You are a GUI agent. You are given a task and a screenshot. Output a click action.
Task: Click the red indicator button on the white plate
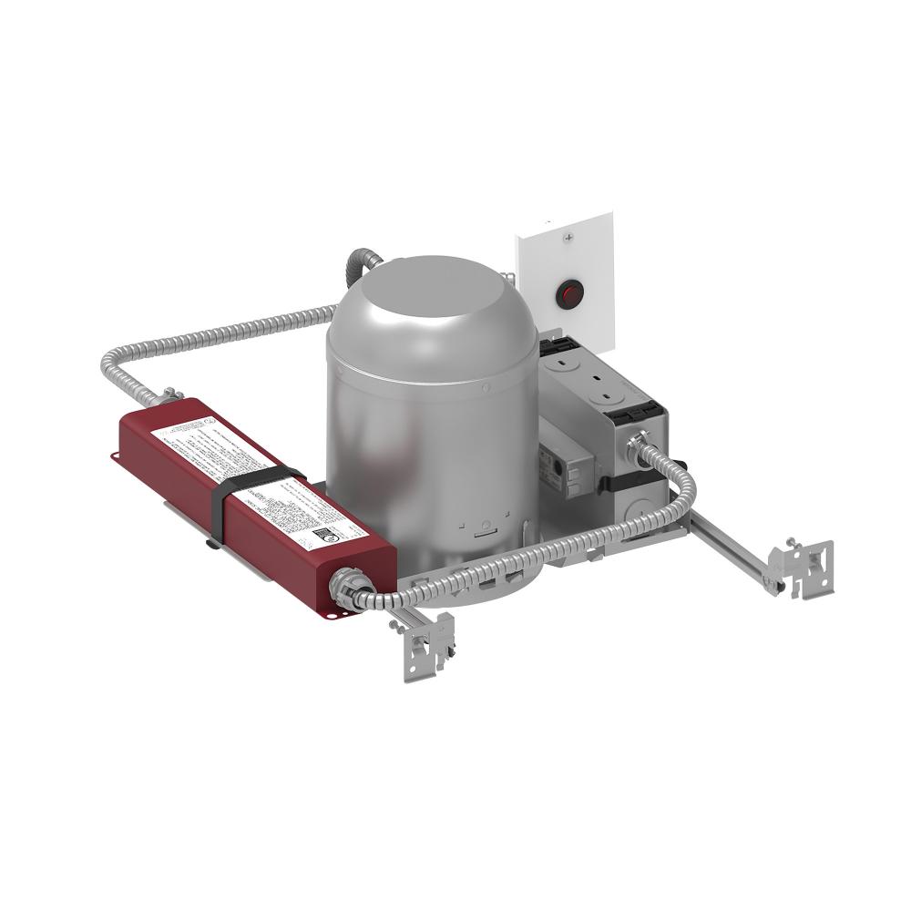[x=570, y=293]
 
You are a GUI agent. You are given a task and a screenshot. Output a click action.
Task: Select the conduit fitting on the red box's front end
[x=348, y=583]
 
